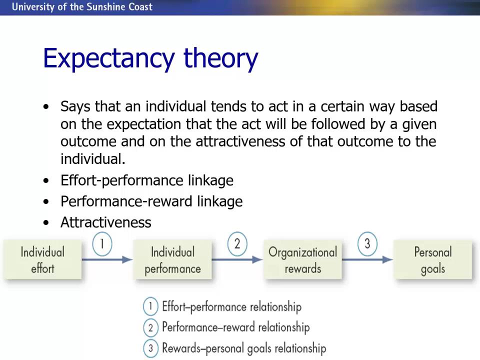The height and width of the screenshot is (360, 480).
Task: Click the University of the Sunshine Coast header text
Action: click(82, 7)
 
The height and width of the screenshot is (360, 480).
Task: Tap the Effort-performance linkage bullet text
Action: click(146, 180)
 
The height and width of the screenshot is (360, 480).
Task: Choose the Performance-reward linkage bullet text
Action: click(151, 201)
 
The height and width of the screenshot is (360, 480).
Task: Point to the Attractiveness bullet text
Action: click(105, 222)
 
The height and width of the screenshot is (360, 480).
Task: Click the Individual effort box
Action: click(42, 259)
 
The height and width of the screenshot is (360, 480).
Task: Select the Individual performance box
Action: click(172, 259)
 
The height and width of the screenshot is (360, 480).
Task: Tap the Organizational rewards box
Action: click(302, 259)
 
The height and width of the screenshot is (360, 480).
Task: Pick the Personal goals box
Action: click(432, 259)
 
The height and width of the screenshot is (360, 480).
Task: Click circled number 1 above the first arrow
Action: click(102, 244)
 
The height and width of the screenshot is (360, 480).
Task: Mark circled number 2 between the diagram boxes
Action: click(237, 244)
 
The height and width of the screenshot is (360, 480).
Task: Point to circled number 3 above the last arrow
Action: click(367, 244)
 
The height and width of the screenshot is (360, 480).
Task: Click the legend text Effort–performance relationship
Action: click(231, 306)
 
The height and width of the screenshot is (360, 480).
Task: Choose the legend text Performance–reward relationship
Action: click(235, 327)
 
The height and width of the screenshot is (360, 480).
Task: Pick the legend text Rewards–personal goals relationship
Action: click(243, 348)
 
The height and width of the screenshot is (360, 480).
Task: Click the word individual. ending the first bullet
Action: click(92, 159)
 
